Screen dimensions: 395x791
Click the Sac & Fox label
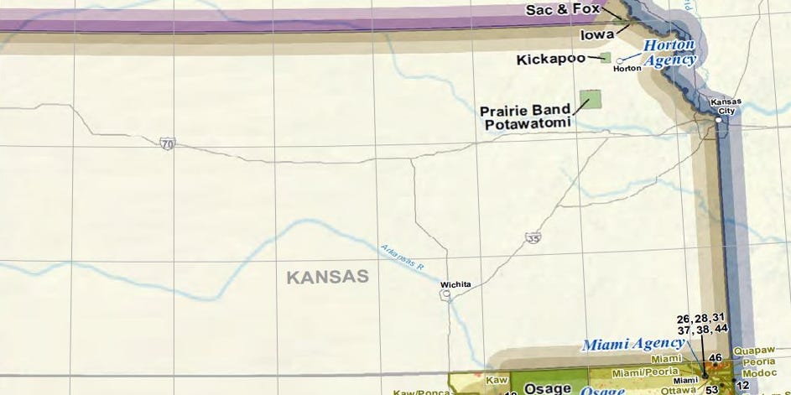tap(563, 11)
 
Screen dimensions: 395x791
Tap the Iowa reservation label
tap(596, 35)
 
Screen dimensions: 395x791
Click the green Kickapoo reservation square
tap(605, 58)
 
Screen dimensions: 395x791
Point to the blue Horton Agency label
tap(670, 52)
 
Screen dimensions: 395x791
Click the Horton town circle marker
tap(620, 60)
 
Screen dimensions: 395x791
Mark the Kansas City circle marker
tap(719, 121)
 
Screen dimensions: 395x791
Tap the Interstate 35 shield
tap(533, 239)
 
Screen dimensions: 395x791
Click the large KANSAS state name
tap(327, 277)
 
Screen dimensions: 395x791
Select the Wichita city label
tap(456, 284)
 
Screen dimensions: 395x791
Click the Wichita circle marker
tap(445, 294)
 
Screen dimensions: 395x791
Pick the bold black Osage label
tap(547, 388)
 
